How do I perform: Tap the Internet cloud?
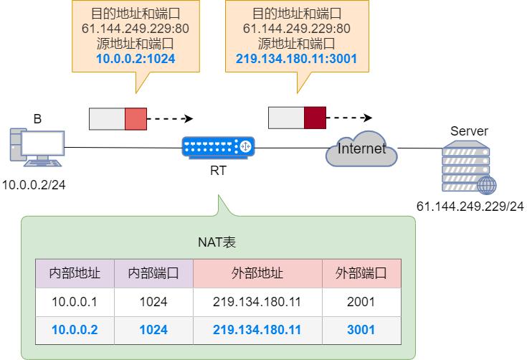point(361,149)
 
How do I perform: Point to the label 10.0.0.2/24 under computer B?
point(34,184)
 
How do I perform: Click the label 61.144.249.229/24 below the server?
point(470,207)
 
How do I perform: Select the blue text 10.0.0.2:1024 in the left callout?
point(136,58)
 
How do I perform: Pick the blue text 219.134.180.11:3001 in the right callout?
point(297,58)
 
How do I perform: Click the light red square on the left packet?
point(136,119)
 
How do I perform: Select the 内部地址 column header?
point(75,273)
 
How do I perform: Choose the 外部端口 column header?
point(361,273)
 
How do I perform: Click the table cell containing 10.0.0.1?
point(75,302)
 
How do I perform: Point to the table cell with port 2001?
point(361,302)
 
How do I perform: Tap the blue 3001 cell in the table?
point(361,330)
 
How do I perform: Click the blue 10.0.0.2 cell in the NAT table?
point(75,330)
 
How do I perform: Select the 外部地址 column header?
point(257,273)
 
